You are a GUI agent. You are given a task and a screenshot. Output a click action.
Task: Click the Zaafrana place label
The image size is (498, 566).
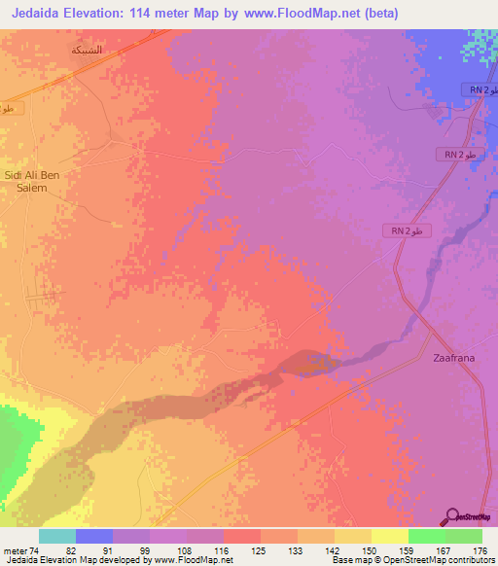pyautogui.click(x=453, y=358)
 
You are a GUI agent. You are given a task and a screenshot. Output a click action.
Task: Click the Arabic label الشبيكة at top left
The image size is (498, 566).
pyautogui.click(x=86, y=49)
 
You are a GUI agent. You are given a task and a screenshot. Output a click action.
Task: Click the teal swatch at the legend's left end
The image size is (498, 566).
pyautogui.click(x=56, y=537)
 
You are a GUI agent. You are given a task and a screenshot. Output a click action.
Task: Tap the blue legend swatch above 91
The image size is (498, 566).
pyautogui.click(x=93, y=537)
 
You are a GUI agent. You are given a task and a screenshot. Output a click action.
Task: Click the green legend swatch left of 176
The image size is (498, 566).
pyautogui.click(x=463, y=537)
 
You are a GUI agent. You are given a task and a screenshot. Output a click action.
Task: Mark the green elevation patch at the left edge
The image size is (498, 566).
pyautogui.click(x=12, y=438)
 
